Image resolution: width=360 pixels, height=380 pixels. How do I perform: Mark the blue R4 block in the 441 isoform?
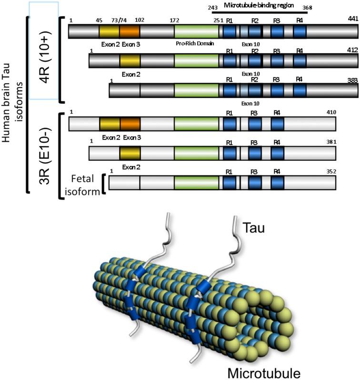300,32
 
